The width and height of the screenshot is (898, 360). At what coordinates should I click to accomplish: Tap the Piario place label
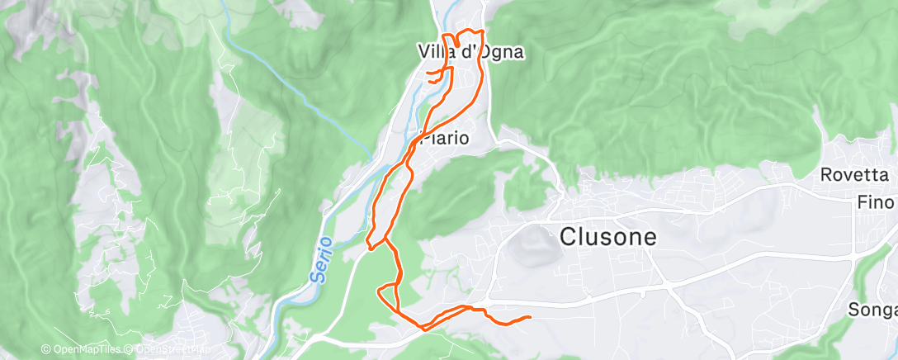[x=445, y=138]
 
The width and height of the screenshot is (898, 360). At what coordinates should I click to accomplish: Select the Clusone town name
[x=608, y=237]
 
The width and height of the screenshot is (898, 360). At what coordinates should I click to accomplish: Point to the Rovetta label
[x=854, y=175]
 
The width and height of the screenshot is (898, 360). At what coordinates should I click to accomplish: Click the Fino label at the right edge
[x=876, y=201]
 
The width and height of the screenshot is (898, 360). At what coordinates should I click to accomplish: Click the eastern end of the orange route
[x=528, y=317]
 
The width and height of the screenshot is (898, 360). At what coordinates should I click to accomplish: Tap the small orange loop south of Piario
[x=386, y=293]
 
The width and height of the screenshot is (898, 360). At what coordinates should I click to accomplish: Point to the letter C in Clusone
[x=568, y=237]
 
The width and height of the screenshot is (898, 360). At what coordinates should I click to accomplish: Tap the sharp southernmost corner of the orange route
[x=423, y=329]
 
